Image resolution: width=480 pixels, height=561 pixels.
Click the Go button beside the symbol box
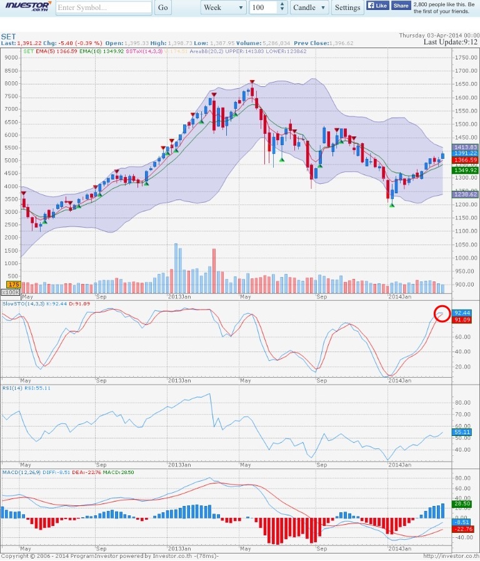[162, 8]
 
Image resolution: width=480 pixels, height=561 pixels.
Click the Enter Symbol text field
[104, 8]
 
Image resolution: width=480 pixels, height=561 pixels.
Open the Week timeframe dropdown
[224, 8]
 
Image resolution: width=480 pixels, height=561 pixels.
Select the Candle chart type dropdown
[309, 8]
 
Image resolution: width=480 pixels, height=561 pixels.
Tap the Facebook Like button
[377, 6]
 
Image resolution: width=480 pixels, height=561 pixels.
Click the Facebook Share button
[401, 6]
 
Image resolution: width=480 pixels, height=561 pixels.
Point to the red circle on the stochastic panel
[442, 314]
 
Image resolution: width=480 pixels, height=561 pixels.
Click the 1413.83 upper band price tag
[466, 147]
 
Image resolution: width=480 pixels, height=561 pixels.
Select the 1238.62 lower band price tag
[466, 195]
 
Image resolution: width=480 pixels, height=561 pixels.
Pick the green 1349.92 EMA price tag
[466, 169]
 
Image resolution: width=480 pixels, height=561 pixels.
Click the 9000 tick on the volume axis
[11, 58]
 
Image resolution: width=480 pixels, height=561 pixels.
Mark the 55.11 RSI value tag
[462, 432]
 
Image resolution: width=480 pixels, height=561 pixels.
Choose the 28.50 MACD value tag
[462, 503]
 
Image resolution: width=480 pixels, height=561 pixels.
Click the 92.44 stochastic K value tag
[462, 313]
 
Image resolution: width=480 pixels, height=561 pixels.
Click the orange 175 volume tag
[10, 285]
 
